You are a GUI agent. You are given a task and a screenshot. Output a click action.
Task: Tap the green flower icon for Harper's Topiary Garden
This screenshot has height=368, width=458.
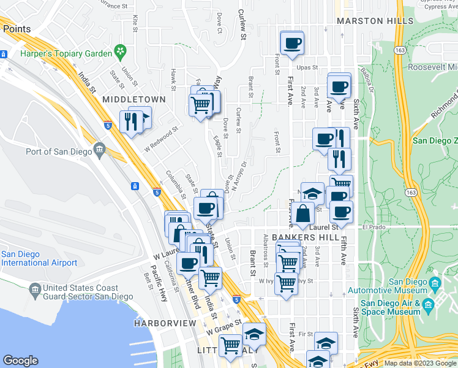(121, 49)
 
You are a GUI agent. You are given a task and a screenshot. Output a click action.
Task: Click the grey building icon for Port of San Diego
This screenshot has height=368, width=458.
(100, 149)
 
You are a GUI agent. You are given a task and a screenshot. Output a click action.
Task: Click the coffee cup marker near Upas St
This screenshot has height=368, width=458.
(291, 42)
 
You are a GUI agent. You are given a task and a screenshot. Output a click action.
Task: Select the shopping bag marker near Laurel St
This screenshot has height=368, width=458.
(303, 214)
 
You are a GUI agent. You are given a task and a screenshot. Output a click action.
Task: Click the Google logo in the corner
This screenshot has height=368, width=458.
(20, 361)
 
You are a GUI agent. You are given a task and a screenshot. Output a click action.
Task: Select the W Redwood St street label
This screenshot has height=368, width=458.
(160, 139)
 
